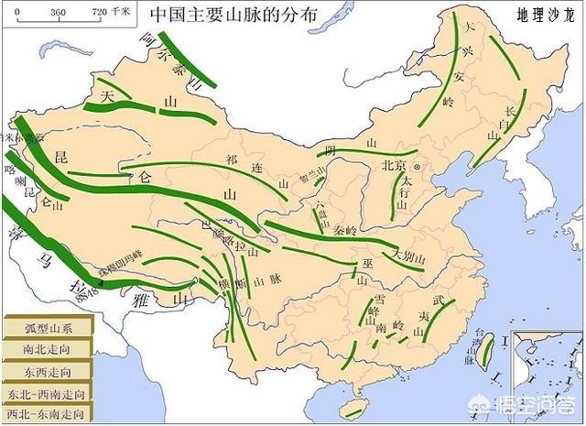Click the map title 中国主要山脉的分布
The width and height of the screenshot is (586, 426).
236,16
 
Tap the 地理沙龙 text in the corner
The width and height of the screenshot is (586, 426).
544,16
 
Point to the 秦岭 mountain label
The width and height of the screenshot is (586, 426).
346,232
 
